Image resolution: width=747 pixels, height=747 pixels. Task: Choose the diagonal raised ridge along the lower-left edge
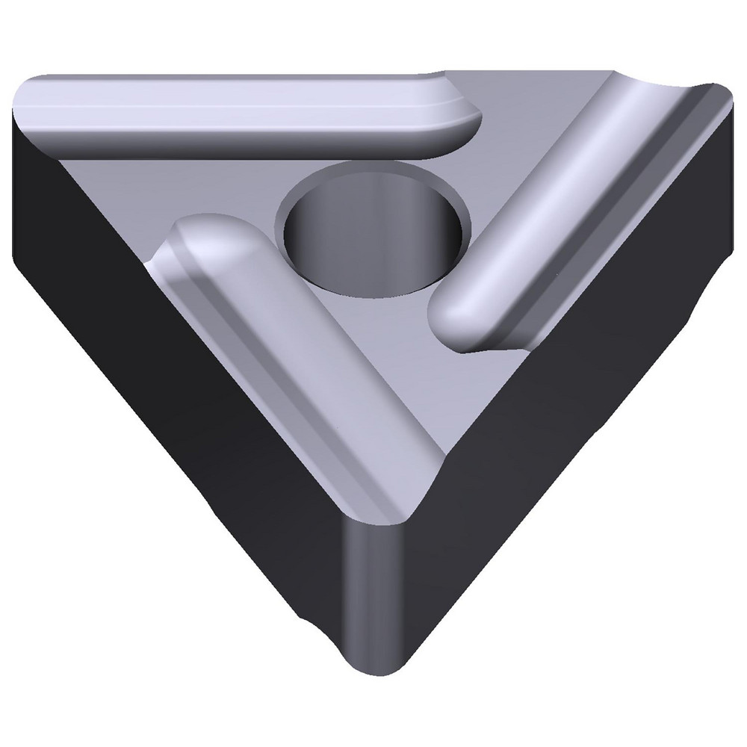pos(299,359)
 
